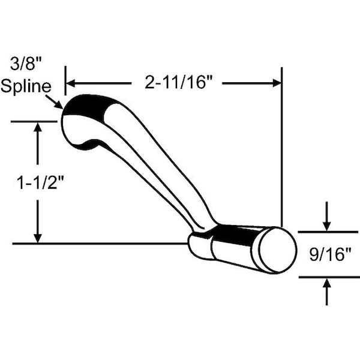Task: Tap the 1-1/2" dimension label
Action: point(40,182)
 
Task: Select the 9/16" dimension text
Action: point(331,254)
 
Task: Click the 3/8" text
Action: point(26,64)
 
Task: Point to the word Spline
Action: point(26,86)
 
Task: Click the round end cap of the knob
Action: point(278,250)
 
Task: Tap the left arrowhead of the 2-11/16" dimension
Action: point(70,83)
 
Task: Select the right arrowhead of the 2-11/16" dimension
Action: point(277,83)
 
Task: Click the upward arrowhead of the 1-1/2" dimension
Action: point(38,127)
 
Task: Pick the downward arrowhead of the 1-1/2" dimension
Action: point(38,238)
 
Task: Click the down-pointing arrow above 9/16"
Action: point(327,216)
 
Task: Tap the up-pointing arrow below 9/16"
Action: point(327,292)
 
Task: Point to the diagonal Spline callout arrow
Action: point(54,102)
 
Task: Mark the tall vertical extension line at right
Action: point(282,147)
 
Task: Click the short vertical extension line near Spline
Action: point(65,80)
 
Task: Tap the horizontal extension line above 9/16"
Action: point(328,232)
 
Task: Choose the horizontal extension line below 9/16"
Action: point(329,277)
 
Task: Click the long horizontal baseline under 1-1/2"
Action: point(100,244)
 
